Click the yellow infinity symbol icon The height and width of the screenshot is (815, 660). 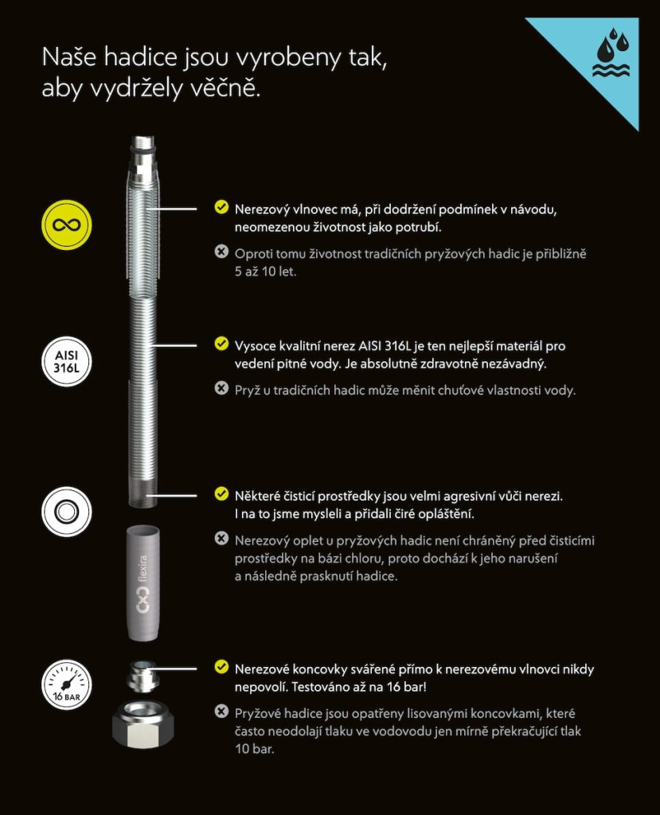tap(67, 225)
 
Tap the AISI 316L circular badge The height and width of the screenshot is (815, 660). tap(67, 362)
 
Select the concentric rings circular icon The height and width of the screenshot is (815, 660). tap(67, 512)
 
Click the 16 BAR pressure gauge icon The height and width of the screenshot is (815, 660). tap(67, 684)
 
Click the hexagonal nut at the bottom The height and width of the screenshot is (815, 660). tap(143, 724)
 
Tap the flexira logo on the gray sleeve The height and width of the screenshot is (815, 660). tap(142, 584)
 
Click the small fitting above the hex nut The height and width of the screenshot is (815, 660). tap(142, 677)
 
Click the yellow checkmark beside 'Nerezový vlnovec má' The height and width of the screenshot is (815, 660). tap(221, 207)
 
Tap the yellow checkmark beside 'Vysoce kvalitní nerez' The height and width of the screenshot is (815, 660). tap(221, 344)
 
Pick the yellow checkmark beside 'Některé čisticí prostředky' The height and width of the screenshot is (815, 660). tap(221, 493)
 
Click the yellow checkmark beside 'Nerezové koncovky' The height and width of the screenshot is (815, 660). tap(221, 667)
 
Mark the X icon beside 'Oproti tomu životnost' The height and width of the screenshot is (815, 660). tap(221, 252)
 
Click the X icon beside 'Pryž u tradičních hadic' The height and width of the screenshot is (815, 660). tap(221, 388)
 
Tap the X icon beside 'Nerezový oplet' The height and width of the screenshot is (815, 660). tap(221, 539)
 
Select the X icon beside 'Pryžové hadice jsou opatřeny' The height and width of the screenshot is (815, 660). tap(221, 711)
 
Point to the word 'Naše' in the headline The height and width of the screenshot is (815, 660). tap(69, 57)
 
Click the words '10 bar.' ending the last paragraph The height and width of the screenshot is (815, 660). tap(254, 749)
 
